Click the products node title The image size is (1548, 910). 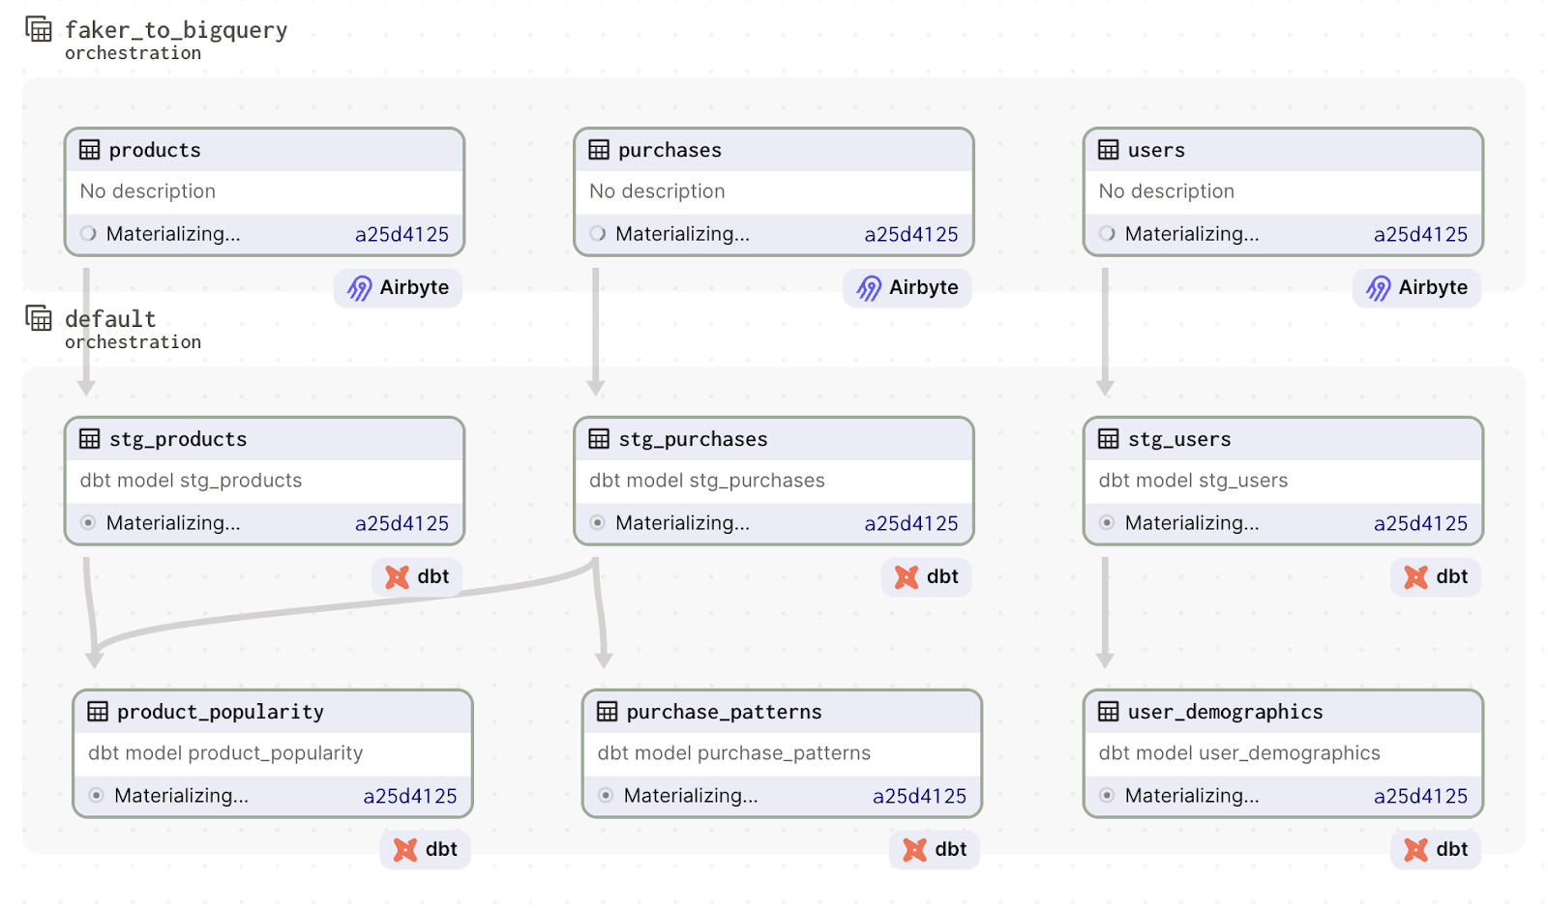click(x=155, y=150)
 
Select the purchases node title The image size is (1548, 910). click(x=670, y=150)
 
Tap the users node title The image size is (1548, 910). click(x=1156, y=150)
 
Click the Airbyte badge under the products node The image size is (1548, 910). click(x=399, y=288)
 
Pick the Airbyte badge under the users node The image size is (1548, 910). click(x=1416, y=288)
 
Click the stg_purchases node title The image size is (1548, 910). click(x=693, y=439)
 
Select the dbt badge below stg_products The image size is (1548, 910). click(x=417, y=577)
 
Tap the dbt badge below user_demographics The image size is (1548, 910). click(x=1436, y=850)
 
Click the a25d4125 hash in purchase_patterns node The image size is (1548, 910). click(x=919, y=796)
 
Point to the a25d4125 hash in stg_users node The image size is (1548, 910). click(x=1420, y=523)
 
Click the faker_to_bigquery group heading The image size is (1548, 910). click(x=176, y=31)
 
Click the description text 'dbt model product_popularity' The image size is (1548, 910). click(x=225, y=753)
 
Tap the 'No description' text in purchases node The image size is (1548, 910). click(x=657, y=191)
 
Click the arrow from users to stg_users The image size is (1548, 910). click(x=1105, y=329)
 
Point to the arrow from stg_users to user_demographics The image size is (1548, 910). click(x=1105, y=609)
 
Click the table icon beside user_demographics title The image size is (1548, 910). click(x=1109, y=712)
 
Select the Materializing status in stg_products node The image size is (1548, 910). click(x=173, y=523)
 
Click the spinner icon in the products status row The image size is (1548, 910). click(x=88, y=234)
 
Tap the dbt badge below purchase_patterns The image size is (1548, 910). click(x=935, y=850)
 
